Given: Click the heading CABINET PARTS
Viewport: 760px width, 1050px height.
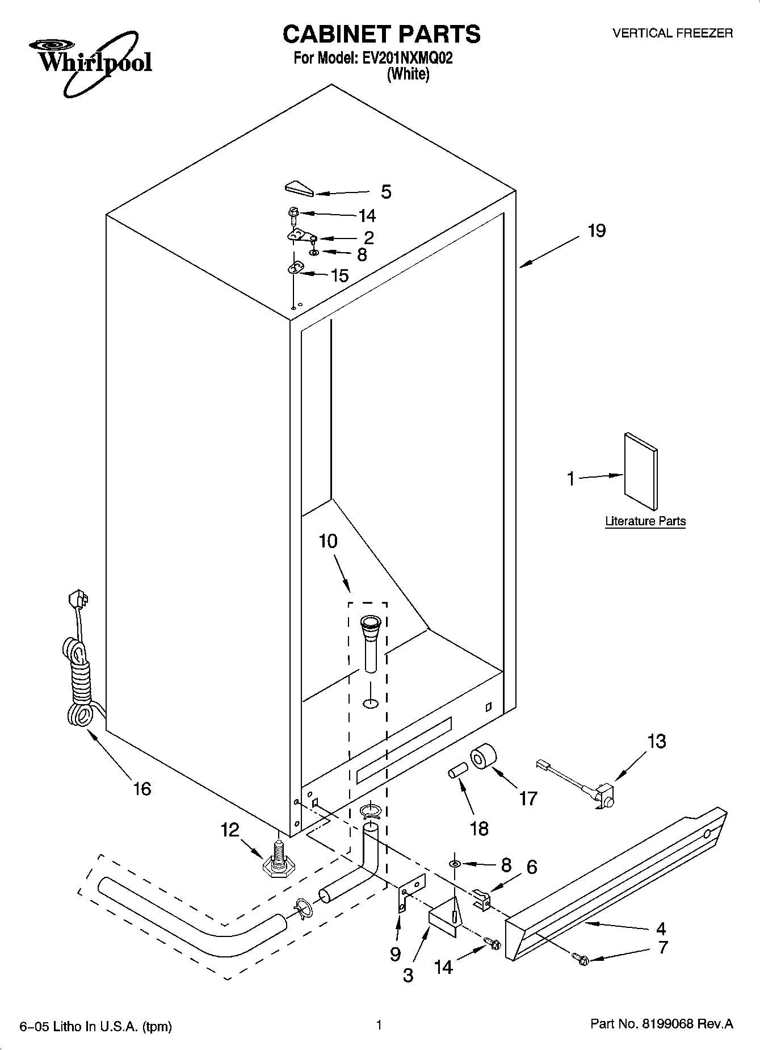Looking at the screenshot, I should (x=381, y=34).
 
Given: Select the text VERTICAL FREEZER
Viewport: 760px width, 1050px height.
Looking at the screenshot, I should (x=672, y=34).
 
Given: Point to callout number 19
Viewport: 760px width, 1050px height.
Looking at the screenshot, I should (x=597, y=231).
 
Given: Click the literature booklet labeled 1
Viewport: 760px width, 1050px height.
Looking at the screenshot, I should (x=641, y=472).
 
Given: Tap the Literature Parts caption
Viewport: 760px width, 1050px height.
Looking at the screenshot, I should (x=645, y=521).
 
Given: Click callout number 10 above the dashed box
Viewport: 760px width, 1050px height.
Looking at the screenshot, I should (x=328, y=542).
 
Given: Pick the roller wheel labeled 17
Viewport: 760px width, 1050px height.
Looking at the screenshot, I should (x=483, y=757).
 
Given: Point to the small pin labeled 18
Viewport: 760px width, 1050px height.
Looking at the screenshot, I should (x=457, y=772).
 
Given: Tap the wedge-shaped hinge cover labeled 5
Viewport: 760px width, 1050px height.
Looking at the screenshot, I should (x=299, y=188).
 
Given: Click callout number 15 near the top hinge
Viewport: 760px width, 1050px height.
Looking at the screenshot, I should (x=339, y=276).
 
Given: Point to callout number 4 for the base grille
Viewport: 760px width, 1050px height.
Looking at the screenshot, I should (x=661, y=928).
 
